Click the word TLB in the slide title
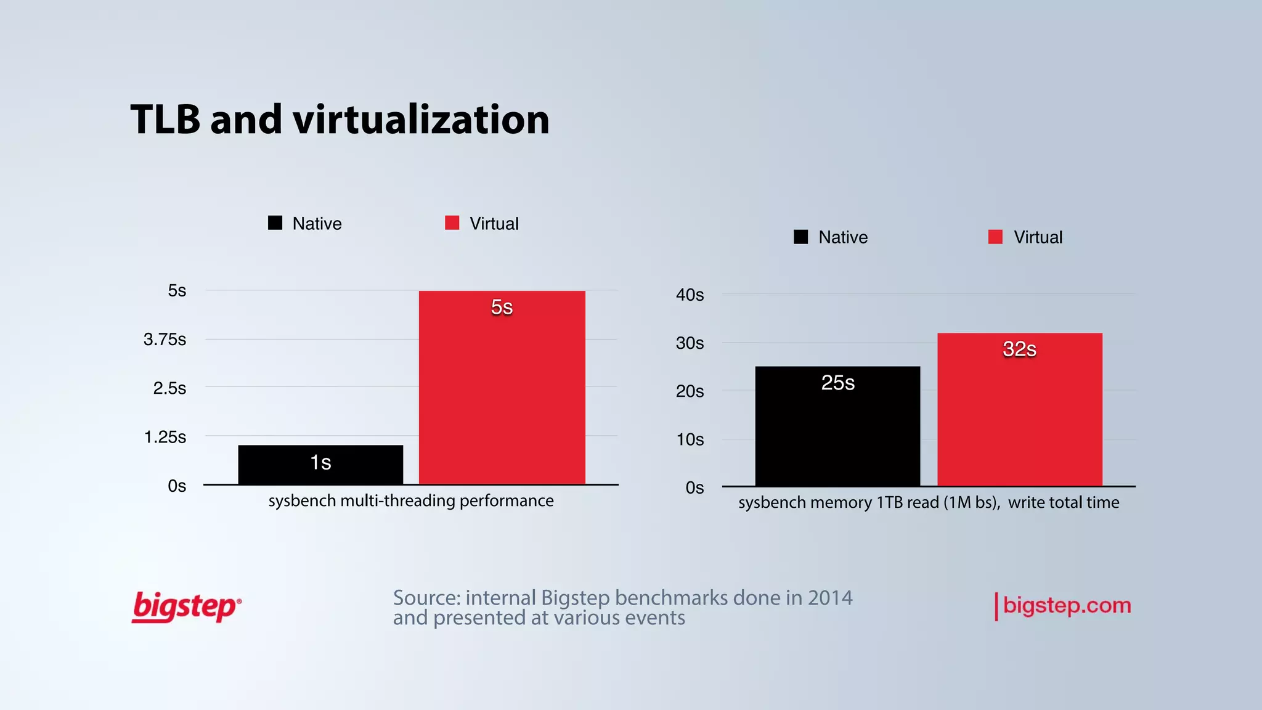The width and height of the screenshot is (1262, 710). (x=165, y=120)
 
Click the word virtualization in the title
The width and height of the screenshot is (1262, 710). (x=421, y=120)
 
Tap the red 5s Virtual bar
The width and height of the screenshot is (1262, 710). (x=502, y=394)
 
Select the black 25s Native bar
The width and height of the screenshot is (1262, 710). (x=837, y=431)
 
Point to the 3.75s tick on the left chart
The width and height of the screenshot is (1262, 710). (x=165, y=340)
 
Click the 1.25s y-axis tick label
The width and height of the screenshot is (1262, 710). (x=165, y=438)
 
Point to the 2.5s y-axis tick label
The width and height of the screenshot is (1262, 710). (x=169, y=388)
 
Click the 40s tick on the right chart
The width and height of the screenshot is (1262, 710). (x=690, y=295)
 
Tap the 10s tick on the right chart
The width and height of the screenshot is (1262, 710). (x=690, y=439)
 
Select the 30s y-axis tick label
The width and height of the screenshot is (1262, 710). (x=690, y=343)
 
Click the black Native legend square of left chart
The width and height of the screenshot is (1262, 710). (x=275, y=223)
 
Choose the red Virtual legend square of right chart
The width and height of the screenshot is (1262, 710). (x=995, y=237)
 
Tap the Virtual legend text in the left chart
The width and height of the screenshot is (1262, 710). (x=494, y=224)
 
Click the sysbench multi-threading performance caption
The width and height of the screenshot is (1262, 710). (x=411, y=501)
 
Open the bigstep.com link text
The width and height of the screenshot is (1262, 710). (x=1067, y=606)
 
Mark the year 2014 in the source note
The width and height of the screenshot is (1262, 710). (x=830, y=598)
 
